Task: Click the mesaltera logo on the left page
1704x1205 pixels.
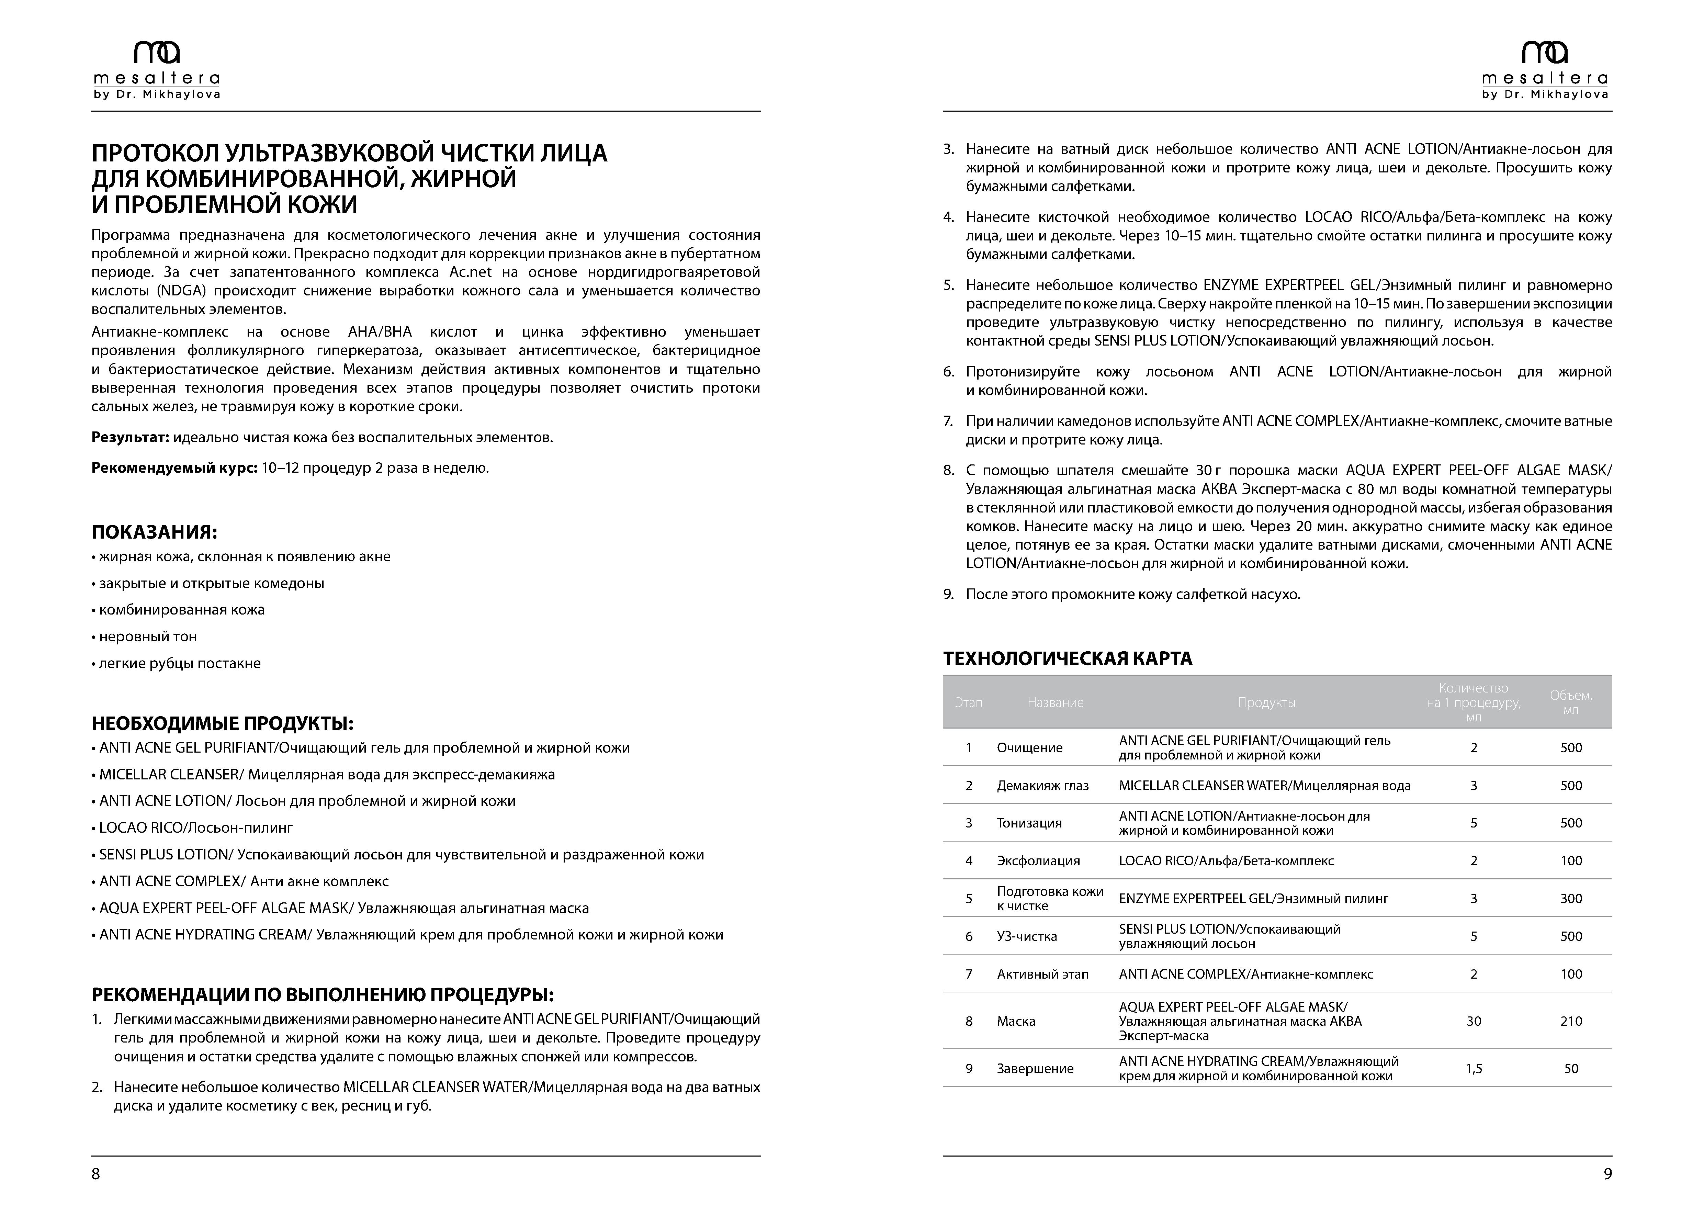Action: (157, 70)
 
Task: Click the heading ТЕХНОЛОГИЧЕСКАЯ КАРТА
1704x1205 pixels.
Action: (1067, 658)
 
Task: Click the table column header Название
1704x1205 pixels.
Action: (1054, 702)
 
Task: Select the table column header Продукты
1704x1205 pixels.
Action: (1266, 702)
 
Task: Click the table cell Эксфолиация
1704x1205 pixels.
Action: (1038, 861)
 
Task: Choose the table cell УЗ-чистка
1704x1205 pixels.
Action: (1026, 936)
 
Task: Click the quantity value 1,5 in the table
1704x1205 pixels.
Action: (1473, 1069)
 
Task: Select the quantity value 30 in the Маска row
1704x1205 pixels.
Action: (1473, 1021)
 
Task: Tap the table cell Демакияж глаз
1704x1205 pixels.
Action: (1042, 785)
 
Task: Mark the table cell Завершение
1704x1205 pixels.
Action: (1035, 1069)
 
